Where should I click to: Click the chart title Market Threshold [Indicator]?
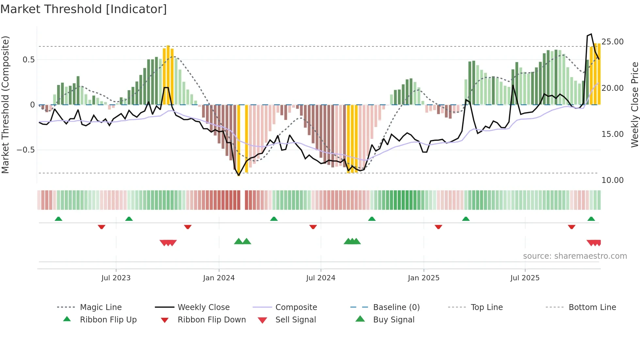pyautogui.click(x=84, y=9)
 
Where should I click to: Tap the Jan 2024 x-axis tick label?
pyautogui.click(x=219, y=278)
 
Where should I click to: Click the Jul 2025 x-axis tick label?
pyautogui.click(x=525, y=278)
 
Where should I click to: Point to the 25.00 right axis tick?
pyautogui.click(x=613, y=42)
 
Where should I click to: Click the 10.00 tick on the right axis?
pyautogui.click(x=613, y=180)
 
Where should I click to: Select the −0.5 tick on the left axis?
pyautogui.click(x=25, y=150)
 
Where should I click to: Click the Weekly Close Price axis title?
pyautogui.click(x=634, y=105)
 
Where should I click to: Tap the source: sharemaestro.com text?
pyautogui.click(x=575, y=256)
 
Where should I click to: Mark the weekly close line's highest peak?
pyautogui.click(x=591, y=34)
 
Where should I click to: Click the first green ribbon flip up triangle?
pyautogui.click(x=58, y=219)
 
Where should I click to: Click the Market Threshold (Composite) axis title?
pyautogui.click(x=5, y=105)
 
